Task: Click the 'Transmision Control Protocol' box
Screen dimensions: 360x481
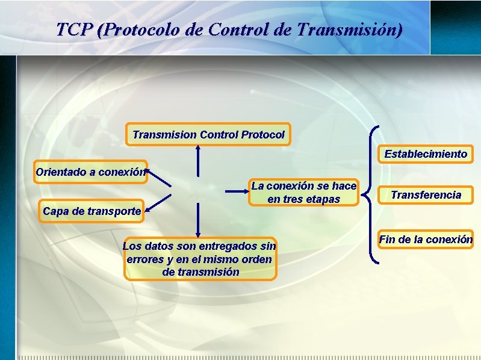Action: click(208, 135)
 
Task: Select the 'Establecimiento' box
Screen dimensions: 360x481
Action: click(426, 154)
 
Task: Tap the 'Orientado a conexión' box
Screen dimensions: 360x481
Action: click(90, 172)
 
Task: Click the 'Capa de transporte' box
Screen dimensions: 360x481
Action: click(92, 211)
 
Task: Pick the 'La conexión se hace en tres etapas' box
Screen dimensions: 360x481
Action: click(303, 193)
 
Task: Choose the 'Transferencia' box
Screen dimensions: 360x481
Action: click(426, 194)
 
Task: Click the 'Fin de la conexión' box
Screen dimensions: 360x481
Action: click(426, 240)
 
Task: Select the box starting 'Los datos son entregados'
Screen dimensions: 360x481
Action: click(200, 259)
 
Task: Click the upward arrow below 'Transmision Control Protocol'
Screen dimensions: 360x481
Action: click(197, 161)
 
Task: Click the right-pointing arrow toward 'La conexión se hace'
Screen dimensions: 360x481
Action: click(237, 192)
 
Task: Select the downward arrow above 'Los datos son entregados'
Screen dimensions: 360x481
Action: click(197, 220)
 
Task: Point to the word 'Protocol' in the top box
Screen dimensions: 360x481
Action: click(263, 135)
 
